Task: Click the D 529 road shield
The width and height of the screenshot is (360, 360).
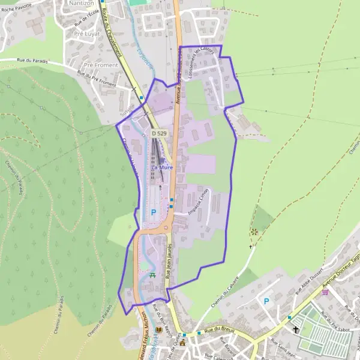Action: coord(159,133)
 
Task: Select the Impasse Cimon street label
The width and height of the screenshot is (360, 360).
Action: coord(198,205)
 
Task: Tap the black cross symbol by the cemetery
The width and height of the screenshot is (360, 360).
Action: coord(296,329)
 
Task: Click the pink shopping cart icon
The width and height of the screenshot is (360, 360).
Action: coord(325,292)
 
